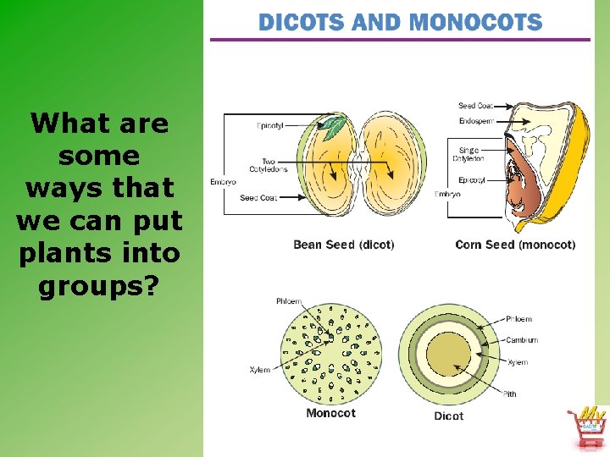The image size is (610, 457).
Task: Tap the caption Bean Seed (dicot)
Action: pos(343,245)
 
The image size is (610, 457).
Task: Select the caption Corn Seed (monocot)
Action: pos(515,245)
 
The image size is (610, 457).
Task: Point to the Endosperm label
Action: pos(476,120)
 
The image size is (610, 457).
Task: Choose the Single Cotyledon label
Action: pos(469,154)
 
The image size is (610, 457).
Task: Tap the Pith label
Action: pos(510,394)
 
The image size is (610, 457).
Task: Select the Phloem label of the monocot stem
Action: pos(288,301)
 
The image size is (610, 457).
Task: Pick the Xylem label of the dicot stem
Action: pos(518,362)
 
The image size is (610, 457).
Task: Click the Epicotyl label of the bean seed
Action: pos(270,126)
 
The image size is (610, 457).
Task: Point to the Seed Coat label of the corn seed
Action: pos(475,106)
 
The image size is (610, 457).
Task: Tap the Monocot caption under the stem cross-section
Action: pos(330,413)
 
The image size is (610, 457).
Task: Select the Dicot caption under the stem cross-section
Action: pos(448,416)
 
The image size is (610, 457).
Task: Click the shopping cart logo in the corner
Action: pos(586,427)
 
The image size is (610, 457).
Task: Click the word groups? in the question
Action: pos(99,285)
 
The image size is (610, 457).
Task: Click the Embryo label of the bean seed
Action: pos(223,182)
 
